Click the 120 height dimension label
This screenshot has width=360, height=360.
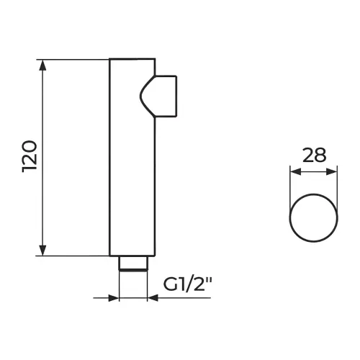coord(30,156)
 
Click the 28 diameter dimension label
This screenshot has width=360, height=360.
coord(314,155)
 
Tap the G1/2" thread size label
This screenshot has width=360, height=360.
coord(188,284)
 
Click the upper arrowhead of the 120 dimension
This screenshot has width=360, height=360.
coord(42,65)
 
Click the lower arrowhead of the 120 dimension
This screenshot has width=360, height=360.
coord(42,251)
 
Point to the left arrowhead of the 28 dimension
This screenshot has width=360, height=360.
coord(295,171)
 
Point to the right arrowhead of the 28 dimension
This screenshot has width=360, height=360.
coord(332,171)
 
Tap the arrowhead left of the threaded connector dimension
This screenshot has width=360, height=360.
coord(114,298)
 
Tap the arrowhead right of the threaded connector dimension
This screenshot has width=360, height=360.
coord(153,298)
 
